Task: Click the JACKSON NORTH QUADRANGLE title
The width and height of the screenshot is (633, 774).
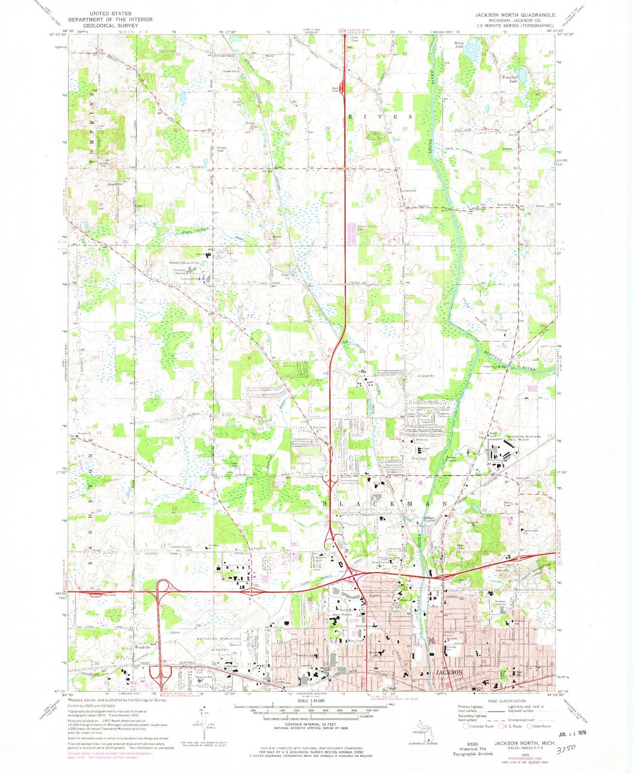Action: (x=515, y=15)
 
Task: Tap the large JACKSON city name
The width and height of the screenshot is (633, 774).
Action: (x=449, y=672)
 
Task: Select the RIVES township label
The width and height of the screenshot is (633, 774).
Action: (x=380, y=117)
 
